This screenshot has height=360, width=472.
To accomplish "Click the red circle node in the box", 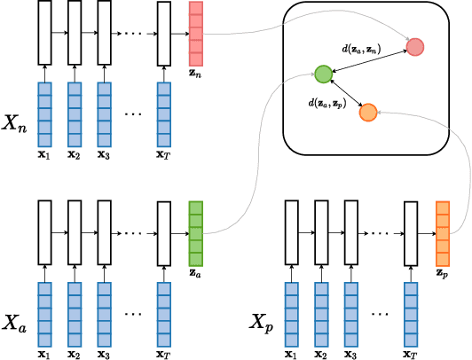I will [414, 45].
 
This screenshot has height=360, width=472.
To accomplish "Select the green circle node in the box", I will [323, 73].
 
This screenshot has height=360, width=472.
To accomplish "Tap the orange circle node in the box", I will [367, 112].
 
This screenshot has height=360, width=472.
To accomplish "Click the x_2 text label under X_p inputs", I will [321, 354].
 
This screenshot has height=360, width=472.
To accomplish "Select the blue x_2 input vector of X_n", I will [75, 112].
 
